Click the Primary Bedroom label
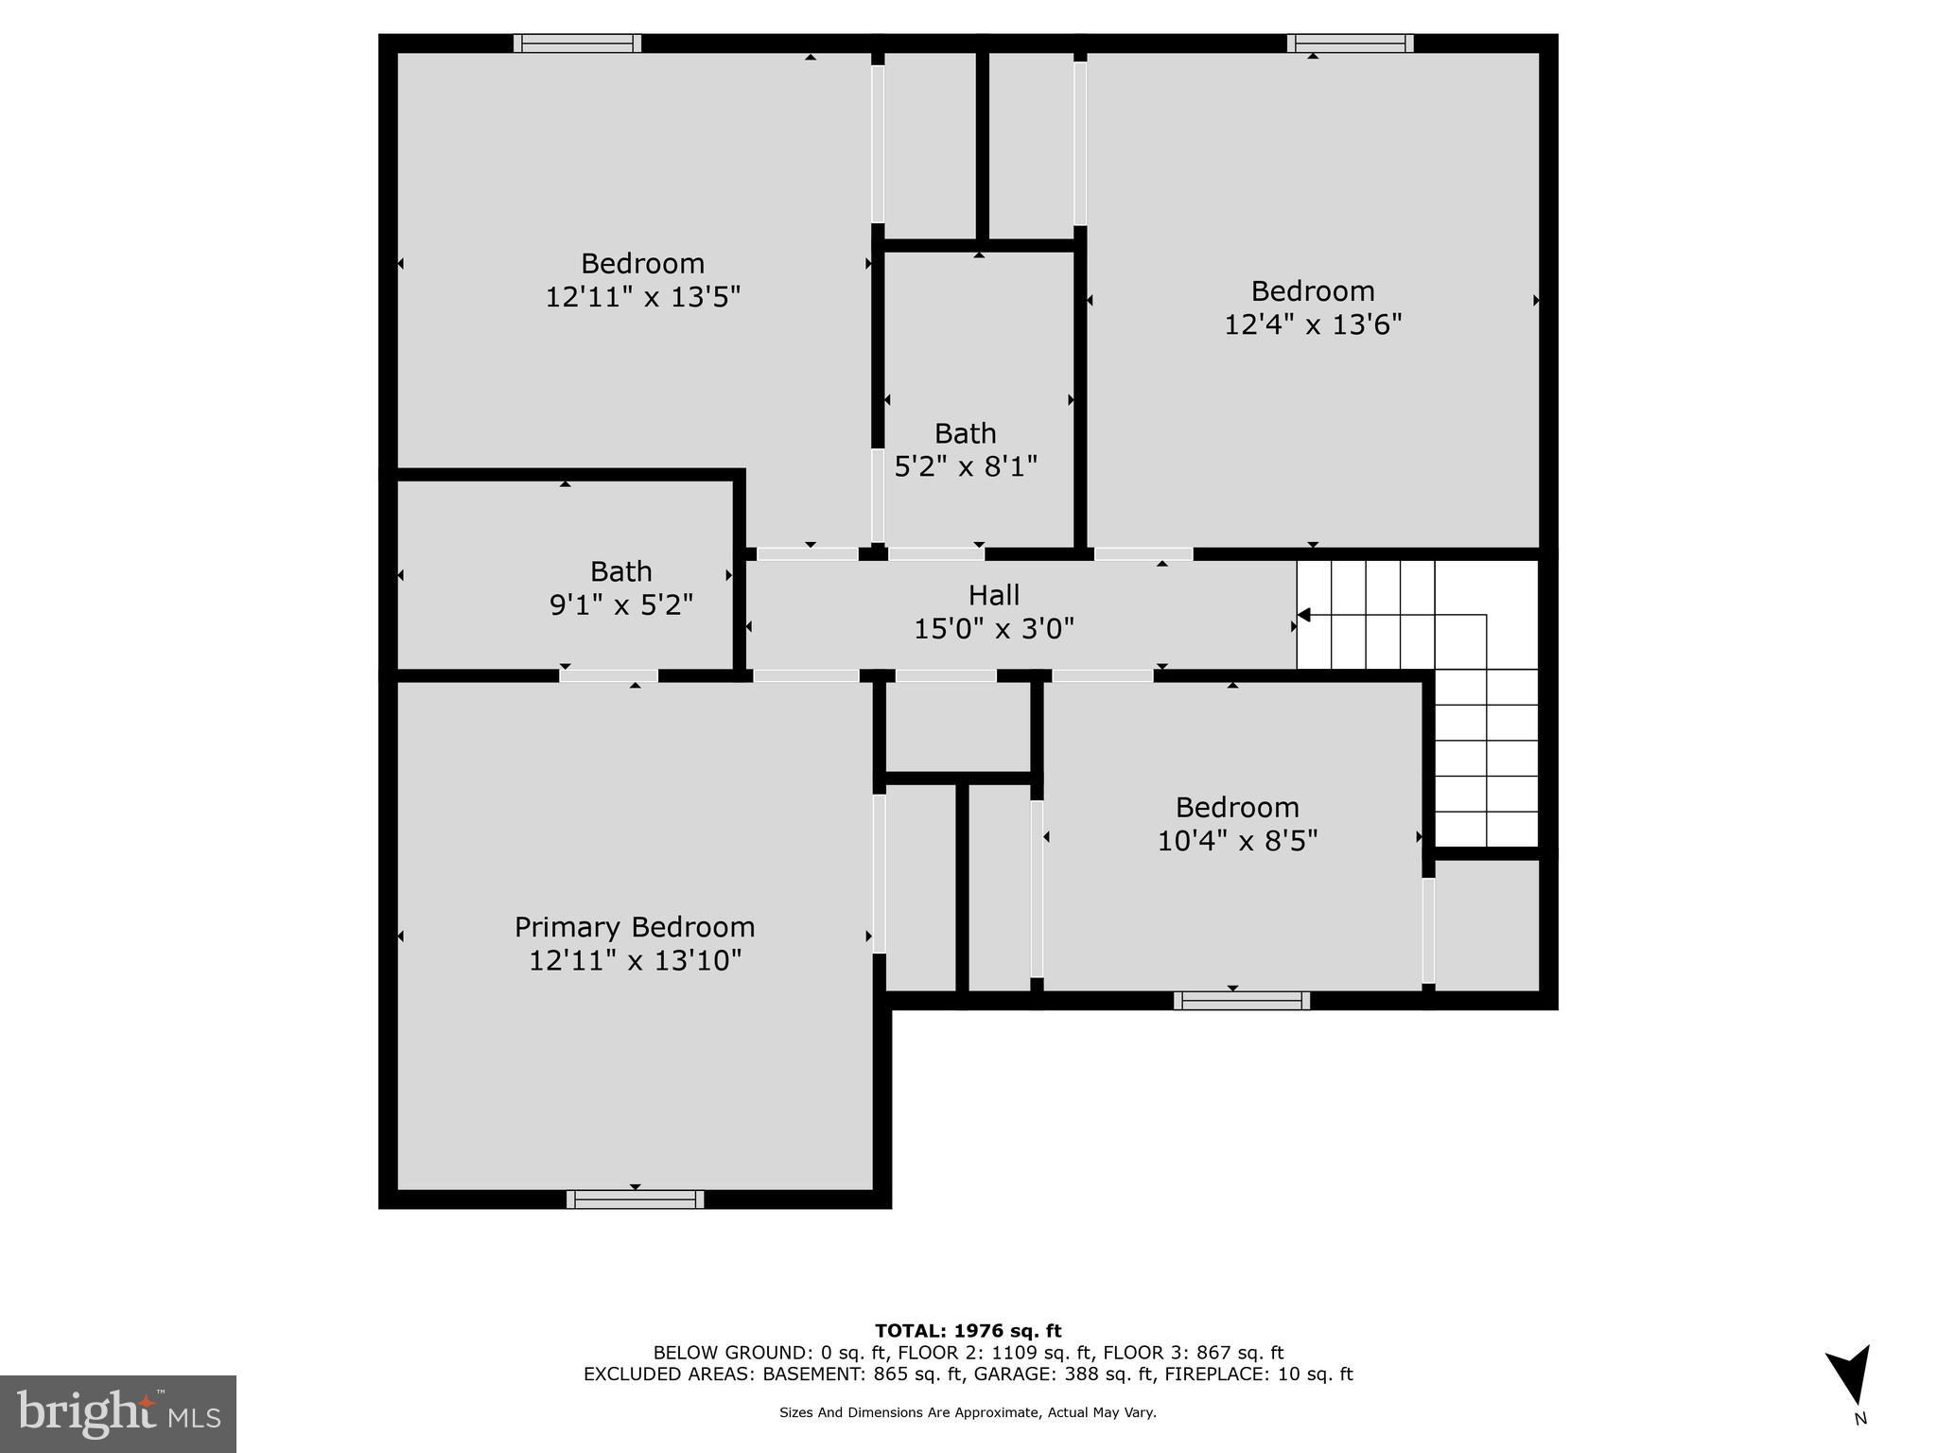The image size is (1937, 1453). (x=635, y=927)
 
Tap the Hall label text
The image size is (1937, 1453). (x=994, y=595)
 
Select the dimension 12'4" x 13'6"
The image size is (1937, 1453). (x=1313, y=324)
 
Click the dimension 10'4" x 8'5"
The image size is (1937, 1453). (x=1237, y=841)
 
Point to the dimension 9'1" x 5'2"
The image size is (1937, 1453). (x=621, y=604)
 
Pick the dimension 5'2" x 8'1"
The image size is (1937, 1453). (x=966, y=466)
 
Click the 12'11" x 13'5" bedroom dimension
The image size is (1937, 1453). (x=642, y=297)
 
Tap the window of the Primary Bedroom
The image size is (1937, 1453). (x=635, y=1199)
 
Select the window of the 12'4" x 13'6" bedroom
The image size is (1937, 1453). (x=1350, y=44)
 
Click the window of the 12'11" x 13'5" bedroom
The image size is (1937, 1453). (x=577, y=44)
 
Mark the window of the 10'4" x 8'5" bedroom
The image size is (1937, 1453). (x=1241, y=1001)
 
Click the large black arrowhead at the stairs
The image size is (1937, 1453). (x=1303, y=616)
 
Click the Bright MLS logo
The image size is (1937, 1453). (x=118, y=1413)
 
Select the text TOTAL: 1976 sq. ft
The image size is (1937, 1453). (x=968, y=1332)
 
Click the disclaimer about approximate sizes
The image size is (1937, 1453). (x=968, y=1412)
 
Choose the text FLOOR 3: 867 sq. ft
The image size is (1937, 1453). (x=1193, y=1353)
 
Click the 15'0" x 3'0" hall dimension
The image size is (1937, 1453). (x=994, y=629)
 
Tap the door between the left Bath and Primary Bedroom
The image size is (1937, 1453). (x=608, y=675)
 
